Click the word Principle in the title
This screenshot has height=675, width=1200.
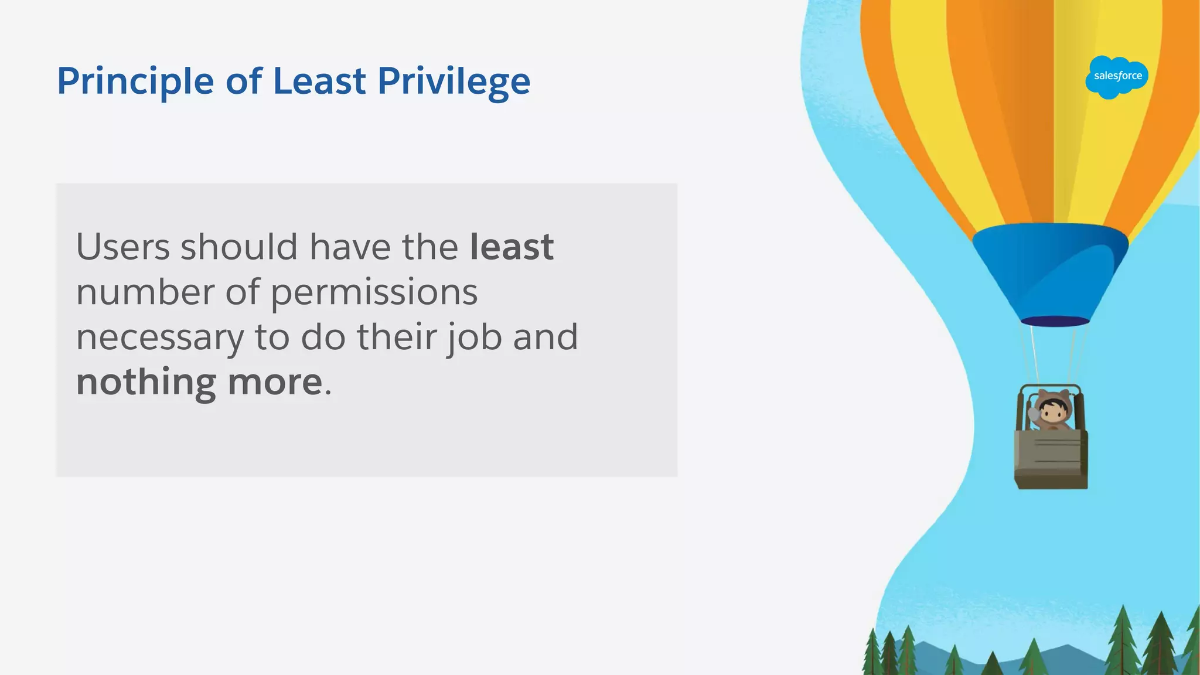click(135, 81)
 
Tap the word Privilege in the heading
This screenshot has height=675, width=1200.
click(454, 81)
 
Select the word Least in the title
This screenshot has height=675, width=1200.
click(319, 81)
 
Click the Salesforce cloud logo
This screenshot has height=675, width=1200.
click(1117, 77)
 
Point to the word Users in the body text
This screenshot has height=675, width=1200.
click(123, 247)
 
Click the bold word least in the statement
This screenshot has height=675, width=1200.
click(512, 247)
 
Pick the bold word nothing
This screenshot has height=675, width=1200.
click(146, 382)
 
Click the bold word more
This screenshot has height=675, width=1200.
click(275, 382)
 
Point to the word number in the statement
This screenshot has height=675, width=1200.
click(145, 292)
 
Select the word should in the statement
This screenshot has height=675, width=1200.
click(239, 247)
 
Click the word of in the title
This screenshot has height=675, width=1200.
click(244, 81)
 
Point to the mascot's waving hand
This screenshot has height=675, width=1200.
click(1033, 414)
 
